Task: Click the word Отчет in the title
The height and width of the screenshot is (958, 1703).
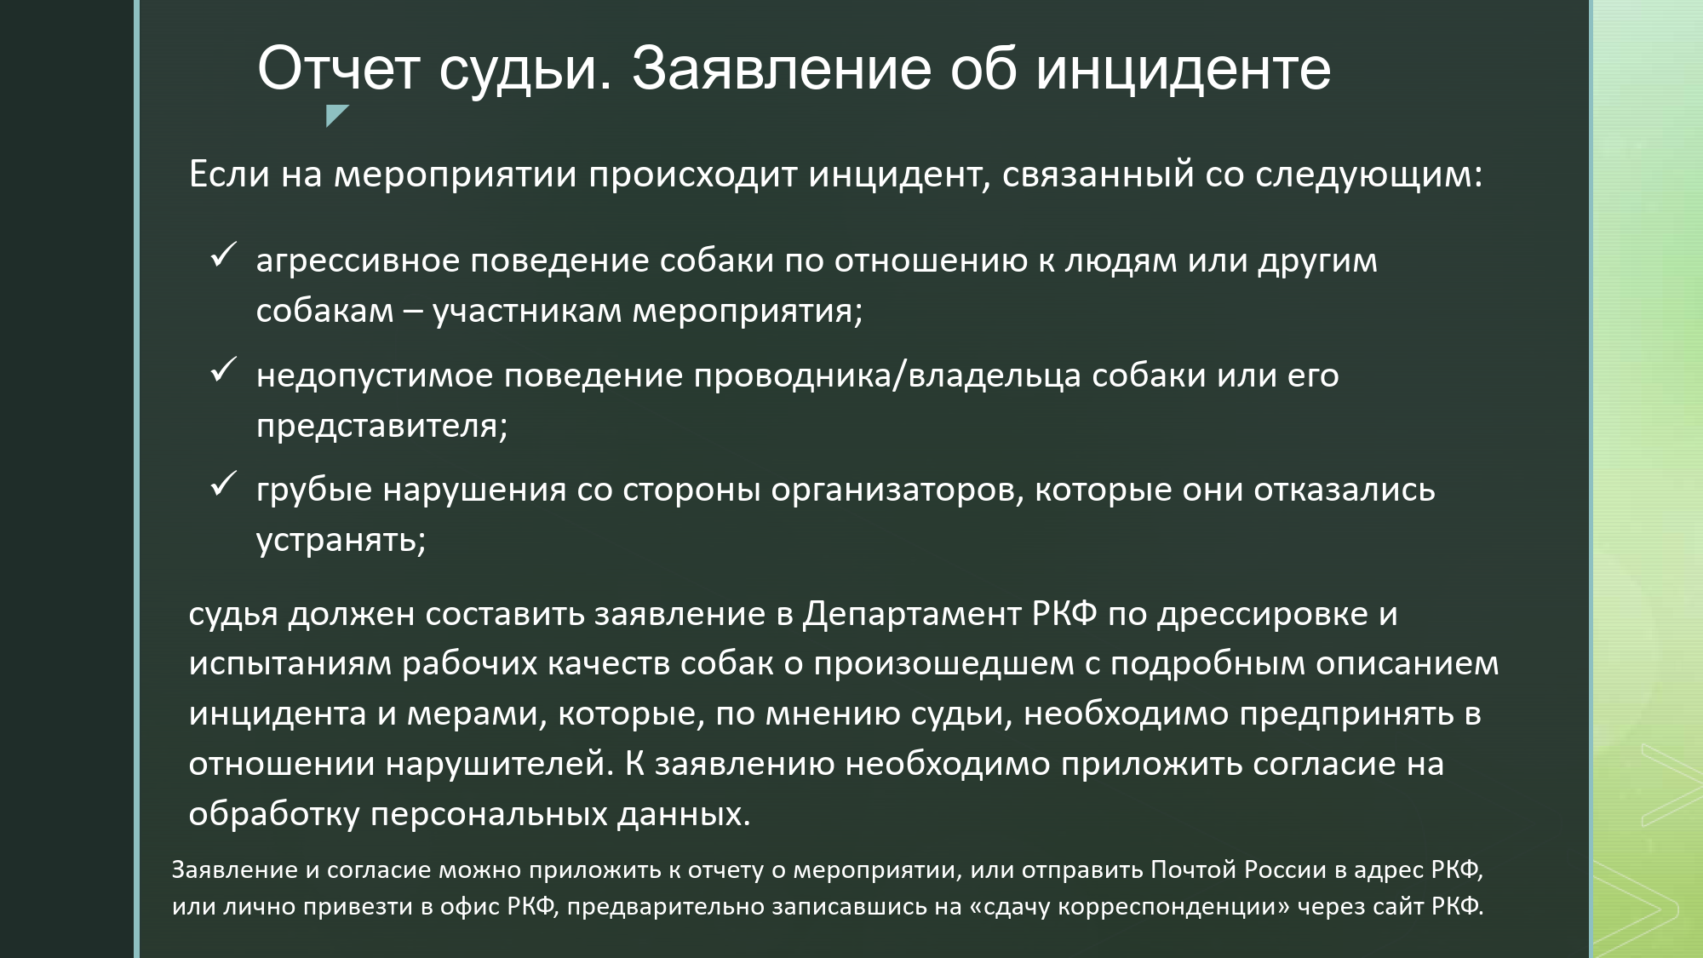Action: coord(338,68)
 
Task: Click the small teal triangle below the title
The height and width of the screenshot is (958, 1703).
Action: coord(337,116)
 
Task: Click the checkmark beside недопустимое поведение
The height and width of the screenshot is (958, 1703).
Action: coord(223,369)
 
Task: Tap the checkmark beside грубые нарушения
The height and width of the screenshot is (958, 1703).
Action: coord(223,484)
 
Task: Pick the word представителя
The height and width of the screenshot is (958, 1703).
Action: coord(381,425)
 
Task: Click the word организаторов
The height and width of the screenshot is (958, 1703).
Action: coord(897,491)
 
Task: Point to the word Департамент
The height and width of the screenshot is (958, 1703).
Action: coord(912,615)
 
